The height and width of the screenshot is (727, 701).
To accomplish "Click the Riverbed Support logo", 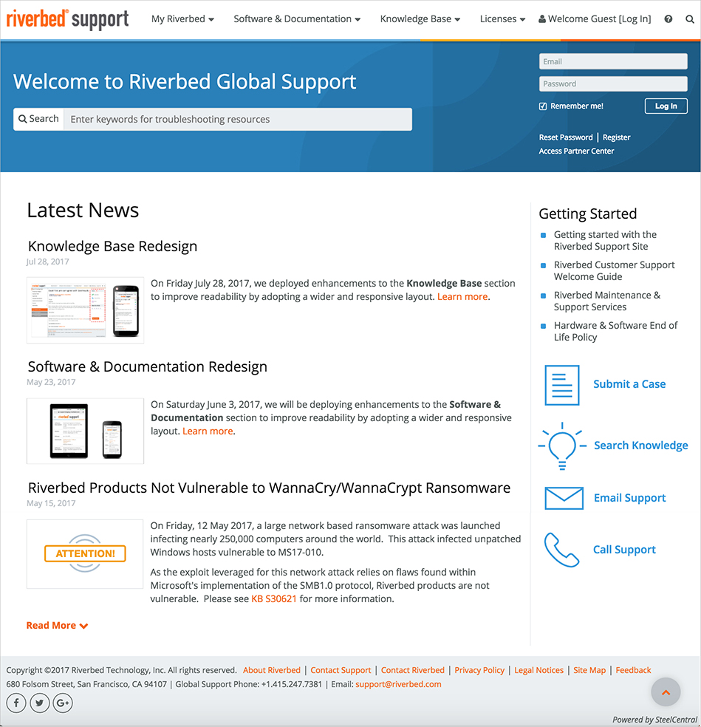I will click(67, 18).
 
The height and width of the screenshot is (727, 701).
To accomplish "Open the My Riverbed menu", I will click(182, 19).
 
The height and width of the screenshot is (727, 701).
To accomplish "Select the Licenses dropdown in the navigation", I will click(502, 19).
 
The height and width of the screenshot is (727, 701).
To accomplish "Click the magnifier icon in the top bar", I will click(689, 19).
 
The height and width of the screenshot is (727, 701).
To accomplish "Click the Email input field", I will click(613, 62).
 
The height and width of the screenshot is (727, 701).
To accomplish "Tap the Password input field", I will click(613, 83).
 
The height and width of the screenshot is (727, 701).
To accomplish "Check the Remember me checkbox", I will click(543, 106).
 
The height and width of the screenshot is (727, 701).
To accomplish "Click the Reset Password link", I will click(566, 137).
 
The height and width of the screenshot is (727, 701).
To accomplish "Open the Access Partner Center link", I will click(576, 151).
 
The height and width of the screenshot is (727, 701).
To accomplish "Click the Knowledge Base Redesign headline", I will click(112, 246).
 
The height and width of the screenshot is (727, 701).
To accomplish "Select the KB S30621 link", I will click(273, 599).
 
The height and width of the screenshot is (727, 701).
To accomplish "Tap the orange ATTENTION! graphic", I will click(85, 553).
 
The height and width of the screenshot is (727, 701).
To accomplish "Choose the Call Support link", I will click(624, 550).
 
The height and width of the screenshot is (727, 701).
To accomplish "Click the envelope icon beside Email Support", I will click(564, 498).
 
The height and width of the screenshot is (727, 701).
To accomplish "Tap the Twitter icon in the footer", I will click(39, 703).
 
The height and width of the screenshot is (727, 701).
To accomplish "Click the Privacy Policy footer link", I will click(479, 670).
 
